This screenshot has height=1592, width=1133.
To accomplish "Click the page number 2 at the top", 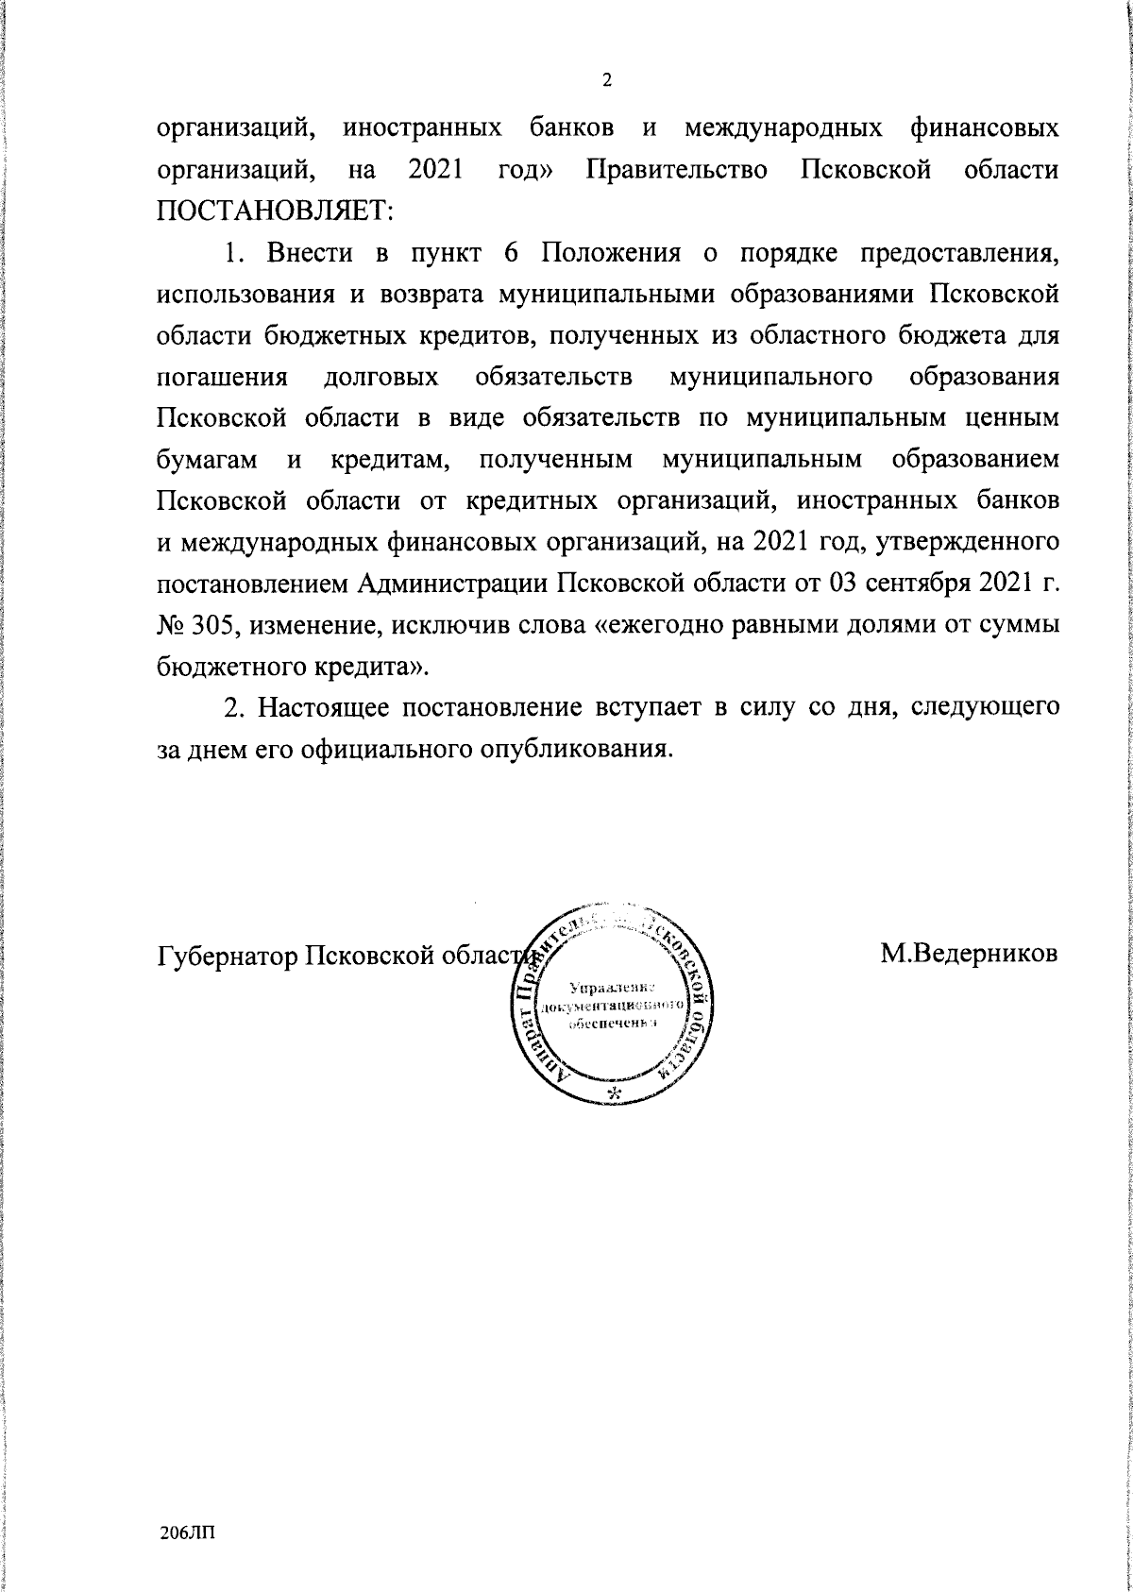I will coord(607,80).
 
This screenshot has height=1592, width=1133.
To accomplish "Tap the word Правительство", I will coord(676,170).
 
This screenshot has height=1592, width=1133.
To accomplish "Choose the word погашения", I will coord(221,377).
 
